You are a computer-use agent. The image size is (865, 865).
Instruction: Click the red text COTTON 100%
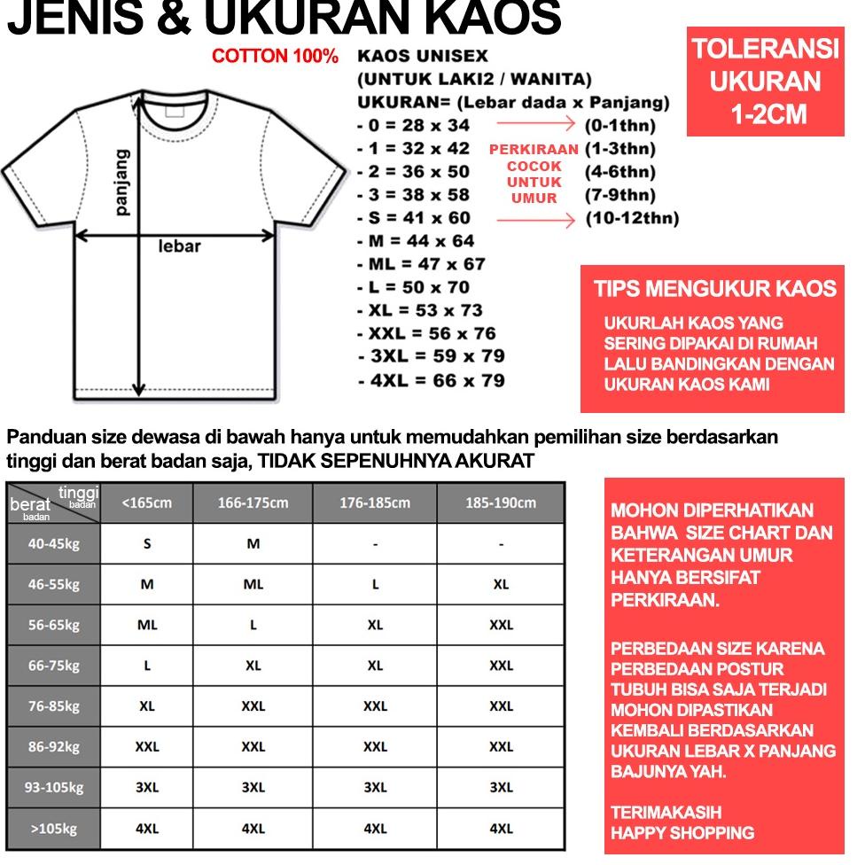click(275, 57)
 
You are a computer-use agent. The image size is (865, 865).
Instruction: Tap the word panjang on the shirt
click(122, 182)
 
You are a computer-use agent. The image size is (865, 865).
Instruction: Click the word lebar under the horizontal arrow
click(179, 246)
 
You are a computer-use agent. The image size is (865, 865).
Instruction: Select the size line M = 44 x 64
click(416, 241)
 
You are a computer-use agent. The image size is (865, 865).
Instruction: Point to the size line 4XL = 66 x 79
click(432, 380)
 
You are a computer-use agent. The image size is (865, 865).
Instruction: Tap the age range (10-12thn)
click(632, 218)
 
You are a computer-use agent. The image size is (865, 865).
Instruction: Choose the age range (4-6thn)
click(620, 172)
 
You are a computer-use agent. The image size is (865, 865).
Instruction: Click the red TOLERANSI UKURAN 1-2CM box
click(765, 82)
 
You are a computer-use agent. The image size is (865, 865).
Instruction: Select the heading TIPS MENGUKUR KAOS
click(714, 289)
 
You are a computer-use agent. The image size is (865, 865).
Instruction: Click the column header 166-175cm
click(253, 503)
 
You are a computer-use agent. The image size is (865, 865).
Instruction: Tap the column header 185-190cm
click(501, 503)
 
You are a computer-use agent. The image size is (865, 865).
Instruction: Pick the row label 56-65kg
click(53, 625)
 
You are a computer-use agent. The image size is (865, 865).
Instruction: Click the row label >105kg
click(53, 829)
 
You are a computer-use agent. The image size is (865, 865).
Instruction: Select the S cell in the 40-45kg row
click(147, 543)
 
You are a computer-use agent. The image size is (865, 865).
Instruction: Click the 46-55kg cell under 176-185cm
click(375, 584)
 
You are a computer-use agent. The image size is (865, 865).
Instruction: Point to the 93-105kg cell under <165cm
click(147, 787)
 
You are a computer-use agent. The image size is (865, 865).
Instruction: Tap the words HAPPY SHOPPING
click(682, 833)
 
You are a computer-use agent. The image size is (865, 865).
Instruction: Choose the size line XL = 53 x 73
click(420, 310)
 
